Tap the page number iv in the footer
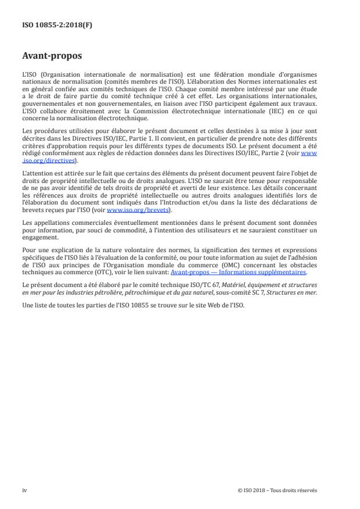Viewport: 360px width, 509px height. click(24, 490)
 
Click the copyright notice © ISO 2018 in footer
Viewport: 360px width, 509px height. click(278, 490)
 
